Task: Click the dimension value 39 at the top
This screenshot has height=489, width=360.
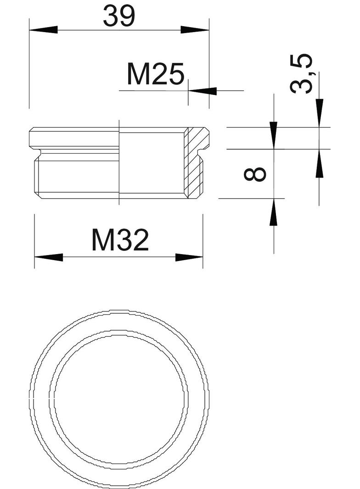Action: point(119,16)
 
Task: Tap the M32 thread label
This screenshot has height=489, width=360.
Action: point(120,240)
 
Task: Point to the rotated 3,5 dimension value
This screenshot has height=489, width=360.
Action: point(303,73)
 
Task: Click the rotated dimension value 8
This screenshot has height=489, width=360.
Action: point(256,174)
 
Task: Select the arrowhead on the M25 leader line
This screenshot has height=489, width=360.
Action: point(202,91)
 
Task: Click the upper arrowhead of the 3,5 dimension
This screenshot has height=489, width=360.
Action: point(319,113)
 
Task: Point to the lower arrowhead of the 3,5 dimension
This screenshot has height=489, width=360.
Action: point(319,163)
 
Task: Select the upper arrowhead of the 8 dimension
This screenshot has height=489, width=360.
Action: point(274,135)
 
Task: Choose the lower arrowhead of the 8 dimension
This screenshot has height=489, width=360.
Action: point(274,212)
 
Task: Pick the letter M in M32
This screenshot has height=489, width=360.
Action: point(102,240)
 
